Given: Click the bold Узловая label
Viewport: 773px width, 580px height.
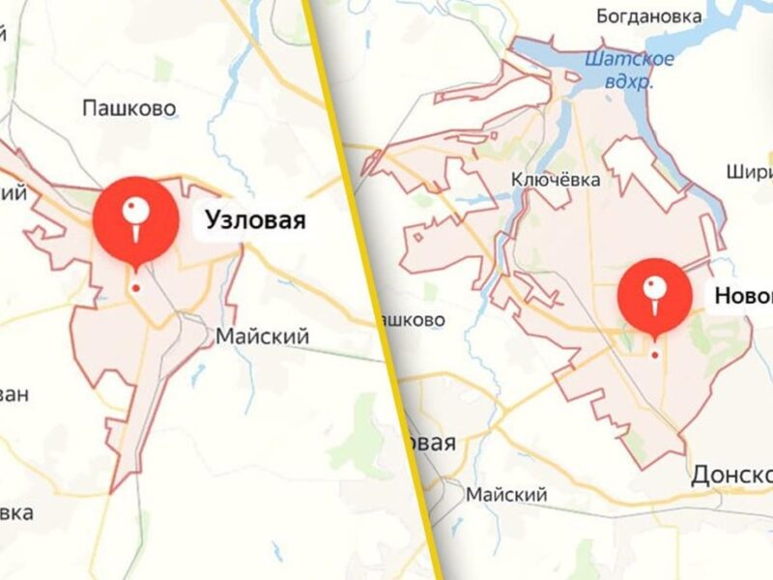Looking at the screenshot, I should pos(255,221).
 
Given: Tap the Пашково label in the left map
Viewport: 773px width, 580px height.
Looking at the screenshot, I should pos(129,107).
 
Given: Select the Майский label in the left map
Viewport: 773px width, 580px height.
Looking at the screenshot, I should pos(262,337).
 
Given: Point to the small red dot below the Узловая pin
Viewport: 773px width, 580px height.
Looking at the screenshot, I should pos(136,287).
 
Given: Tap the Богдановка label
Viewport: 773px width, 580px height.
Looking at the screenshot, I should pos(647,15).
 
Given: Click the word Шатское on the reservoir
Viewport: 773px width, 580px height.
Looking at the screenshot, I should pos(629,60).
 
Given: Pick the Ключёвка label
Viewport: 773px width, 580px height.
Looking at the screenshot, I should pos(556,180).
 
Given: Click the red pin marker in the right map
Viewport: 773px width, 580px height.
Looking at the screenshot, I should pos(654,296).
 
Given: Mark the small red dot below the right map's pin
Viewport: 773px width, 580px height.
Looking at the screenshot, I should pos(654,354).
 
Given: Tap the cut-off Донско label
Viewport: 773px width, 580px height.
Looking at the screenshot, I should pos(731,475).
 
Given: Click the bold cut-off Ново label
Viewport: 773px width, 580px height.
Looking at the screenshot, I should pos(743,296).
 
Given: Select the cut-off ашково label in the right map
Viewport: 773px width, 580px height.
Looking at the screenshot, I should pos(415,319).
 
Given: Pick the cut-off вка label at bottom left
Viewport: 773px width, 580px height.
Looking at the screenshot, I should pos(16,510).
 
